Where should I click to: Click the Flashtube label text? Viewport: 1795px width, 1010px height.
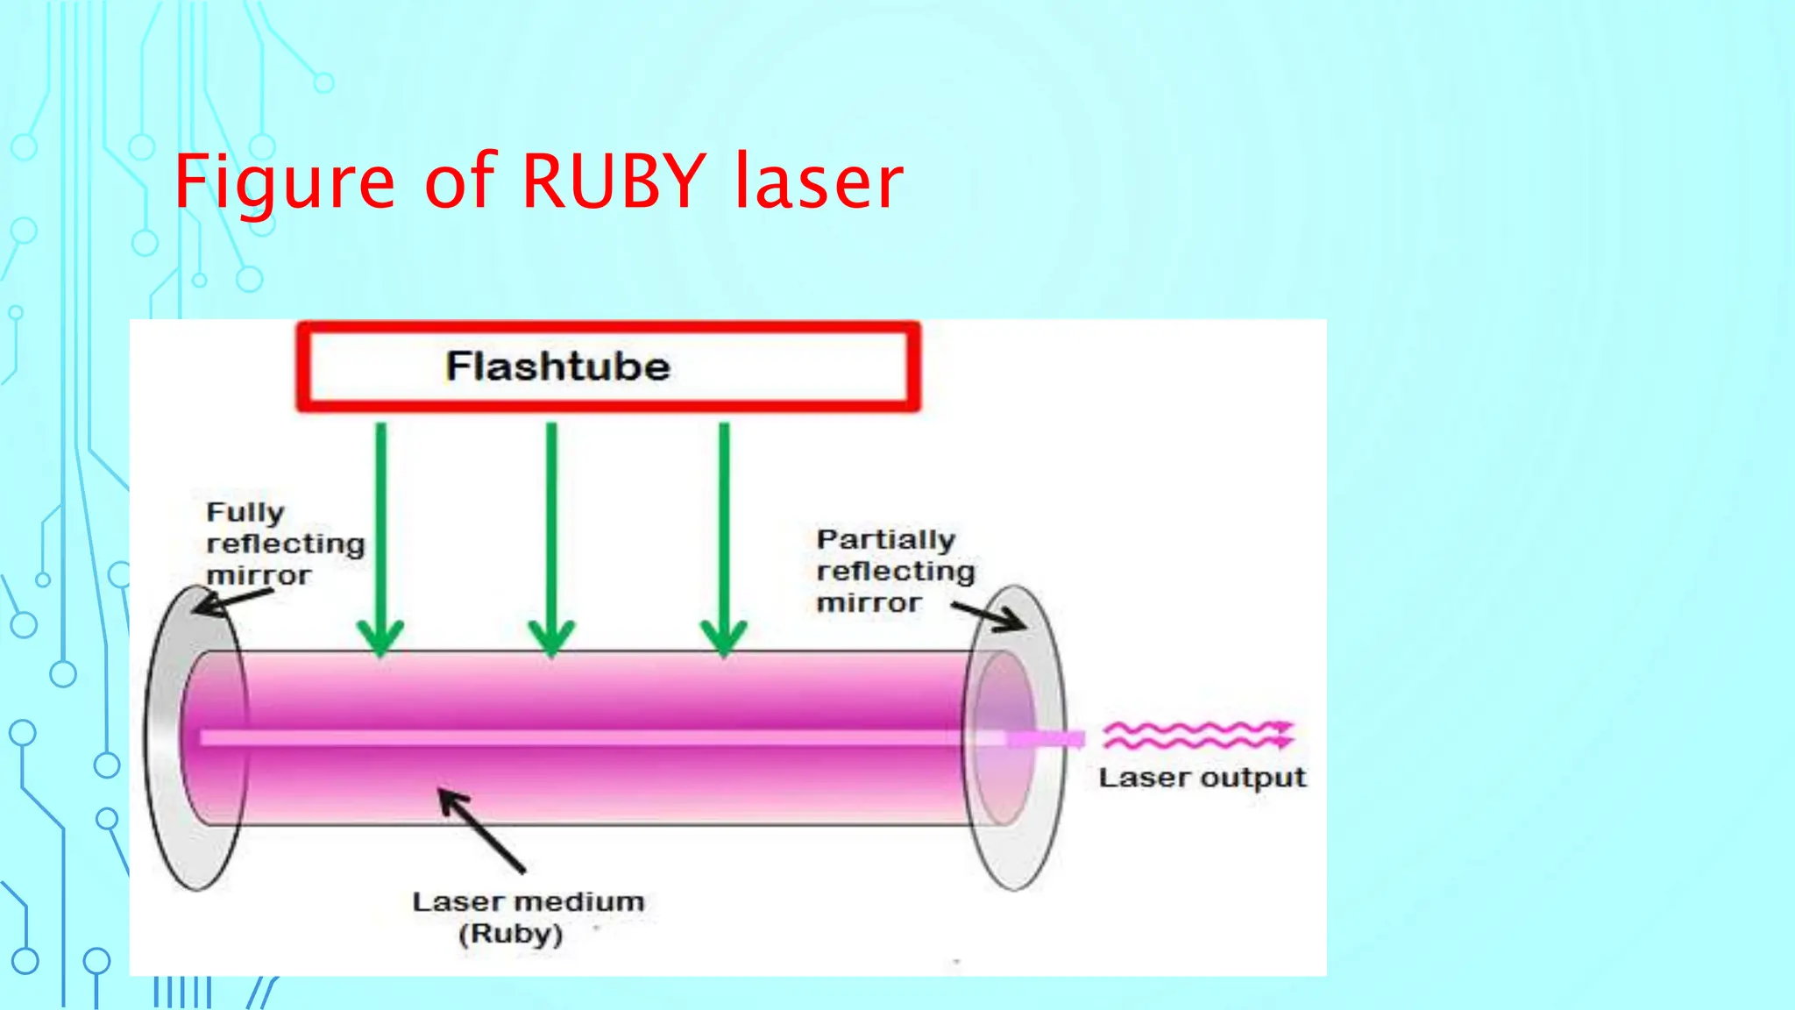557,366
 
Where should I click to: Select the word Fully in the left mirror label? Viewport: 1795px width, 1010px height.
245,513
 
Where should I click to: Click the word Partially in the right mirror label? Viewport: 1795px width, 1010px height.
885,539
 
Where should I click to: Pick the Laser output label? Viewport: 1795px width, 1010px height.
1202,778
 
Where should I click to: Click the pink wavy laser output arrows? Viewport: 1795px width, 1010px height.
1197,735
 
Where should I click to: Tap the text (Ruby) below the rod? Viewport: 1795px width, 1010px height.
510,934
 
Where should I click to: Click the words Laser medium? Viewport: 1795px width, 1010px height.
528,901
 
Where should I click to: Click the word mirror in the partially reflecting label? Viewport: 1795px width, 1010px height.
869,603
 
